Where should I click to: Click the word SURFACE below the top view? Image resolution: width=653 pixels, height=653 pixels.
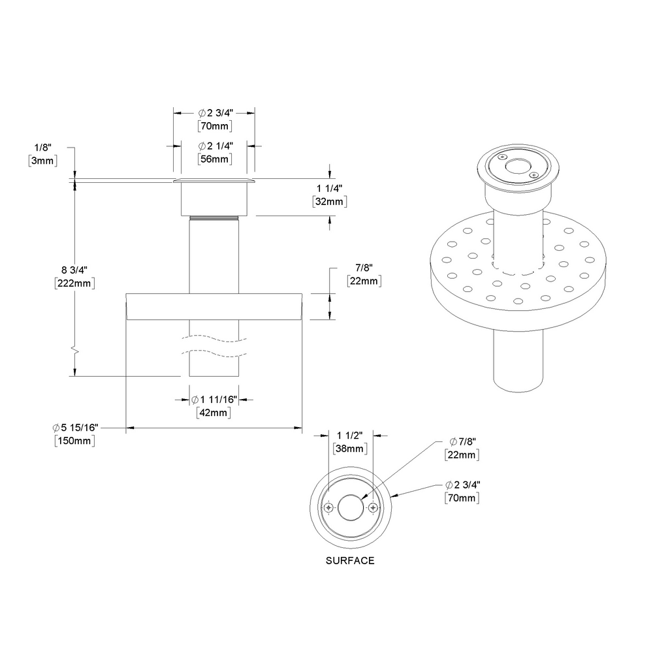tap(350, 560)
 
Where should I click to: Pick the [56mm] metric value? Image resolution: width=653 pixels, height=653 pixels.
tap(214, 159)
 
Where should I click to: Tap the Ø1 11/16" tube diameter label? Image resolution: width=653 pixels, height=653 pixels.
tap(214, 399)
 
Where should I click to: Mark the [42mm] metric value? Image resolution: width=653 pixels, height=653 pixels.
tap(214, 412)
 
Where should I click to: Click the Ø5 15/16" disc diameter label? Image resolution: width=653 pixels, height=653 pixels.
tap(76, 427)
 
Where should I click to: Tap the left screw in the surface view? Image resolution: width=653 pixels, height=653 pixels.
tap(328, 507)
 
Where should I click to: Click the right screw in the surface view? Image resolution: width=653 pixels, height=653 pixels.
tap(373, 507)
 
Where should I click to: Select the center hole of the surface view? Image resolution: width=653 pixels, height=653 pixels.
tap(351, 507)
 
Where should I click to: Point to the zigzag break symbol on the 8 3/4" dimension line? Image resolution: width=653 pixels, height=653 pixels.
tap(76, 352)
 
